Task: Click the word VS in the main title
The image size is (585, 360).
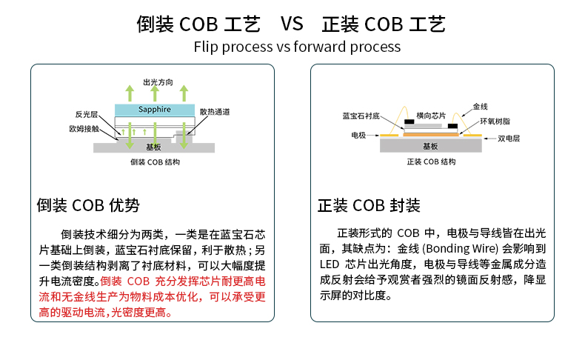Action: click(292, 24)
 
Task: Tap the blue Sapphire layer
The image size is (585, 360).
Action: click(155, 110)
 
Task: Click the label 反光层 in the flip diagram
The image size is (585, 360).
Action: click(87, 115)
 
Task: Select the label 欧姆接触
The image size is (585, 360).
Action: click(84, 128)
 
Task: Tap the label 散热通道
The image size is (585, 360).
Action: click(214, 112)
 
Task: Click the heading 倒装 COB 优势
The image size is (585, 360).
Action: click(88, 205)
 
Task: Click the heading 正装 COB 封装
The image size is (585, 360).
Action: click(369, 205)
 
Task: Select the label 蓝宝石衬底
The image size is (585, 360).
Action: click(361, 116)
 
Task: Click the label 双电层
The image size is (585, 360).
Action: click(509, 139)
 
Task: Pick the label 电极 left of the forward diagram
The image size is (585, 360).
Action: click(358, 136)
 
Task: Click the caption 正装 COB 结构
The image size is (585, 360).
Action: click(432, 161)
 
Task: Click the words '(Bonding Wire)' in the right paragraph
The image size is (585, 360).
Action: click(464, 250)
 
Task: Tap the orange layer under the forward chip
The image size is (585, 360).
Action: click(431, 135)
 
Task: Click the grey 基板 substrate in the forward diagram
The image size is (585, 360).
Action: click(431, 147)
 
